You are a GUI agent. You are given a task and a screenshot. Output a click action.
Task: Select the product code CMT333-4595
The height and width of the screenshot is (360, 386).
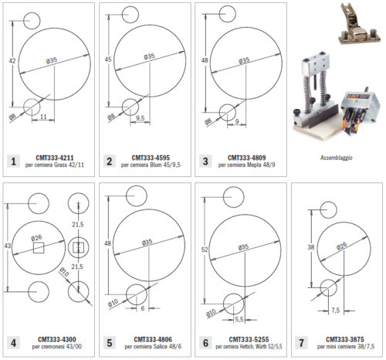[149, 157]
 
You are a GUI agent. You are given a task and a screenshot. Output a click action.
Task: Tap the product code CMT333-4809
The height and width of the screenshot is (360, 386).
[243, 157]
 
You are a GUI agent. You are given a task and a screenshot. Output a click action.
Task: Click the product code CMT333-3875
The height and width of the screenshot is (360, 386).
[340, 338]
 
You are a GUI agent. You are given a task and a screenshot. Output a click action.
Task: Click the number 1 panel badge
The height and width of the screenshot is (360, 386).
[13, 161]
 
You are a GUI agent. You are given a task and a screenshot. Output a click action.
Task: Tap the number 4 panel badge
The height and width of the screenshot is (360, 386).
[13, 342]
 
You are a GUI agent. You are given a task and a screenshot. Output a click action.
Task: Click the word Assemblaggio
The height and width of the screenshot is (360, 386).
[336, 158]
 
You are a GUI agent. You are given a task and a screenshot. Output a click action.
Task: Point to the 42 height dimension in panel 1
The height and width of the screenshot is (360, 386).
[12, 59]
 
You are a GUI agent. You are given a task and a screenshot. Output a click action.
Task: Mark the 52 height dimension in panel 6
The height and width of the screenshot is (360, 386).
[203, 250]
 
